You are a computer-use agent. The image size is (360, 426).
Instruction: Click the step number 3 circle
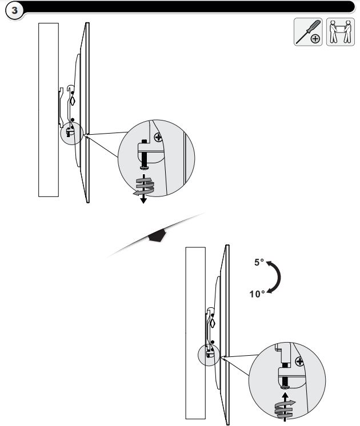point(14,11)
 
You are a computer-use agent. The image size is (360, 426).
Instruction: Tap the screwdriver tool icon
point(308,32)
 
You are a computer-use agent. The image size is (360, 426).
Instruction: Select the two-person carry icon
point(341,32)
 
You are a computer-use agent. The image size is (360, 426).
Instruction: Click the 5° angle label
point(259,262)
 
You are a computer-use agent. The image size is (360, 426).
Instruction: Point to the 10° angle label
point(257,294)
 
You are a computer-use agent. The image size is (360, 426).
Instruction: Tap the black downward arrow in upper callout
point(143,189)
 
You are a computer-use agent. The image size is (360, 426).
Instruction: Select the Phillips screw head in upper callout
point(158,138)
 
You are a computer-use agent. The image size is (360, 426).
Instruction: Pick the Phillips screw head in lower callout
point(299,361)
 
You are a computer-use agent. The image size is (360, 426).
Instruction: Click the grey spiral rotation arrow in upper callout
point(143,187)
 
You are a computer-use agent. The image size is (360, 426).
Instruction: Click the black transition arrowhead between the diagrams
point(157,235)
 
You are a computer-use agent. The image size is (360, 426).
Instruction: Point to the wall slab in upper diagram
point(49,110)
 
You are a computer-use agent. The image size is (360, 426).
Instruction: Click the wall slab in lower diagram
point(195,333)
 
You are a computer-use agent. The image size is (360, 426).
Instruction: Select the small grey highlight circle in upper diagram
point(72,134)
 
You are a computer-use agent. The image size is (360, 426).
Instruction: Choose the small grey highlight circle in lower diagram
point(209,355)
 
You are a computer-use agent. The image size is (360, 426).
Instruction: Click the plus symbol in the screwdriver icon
point(315,39)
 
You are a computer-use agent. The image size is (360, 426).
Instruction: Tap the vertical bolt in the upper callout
point(144,155)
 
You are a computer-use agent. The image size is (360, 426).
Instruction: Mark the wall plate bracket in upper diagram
point(62,107)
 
